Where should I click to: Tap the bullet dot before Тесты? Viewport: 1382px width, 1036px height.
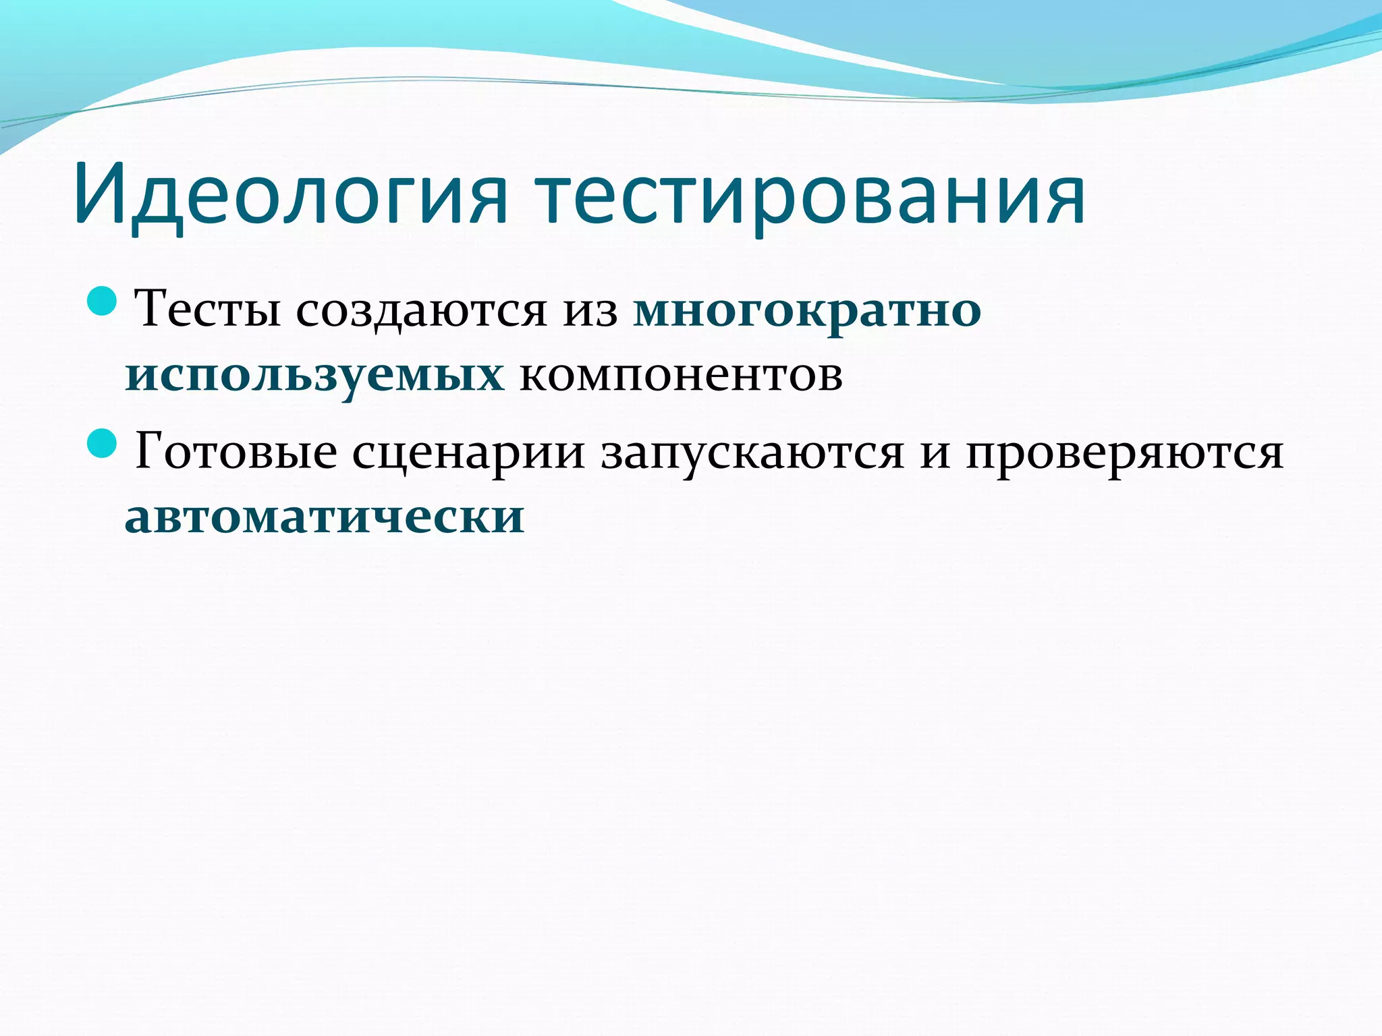[x=103, y=301]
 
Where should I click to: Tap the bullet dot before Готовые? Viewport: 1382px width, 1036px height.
[x=103, y=443]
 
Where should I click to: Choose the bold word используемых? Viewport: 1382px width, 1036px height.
[x=314, y=375]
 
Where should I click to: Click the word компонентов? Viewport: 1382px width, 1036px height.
[x=681, y=375]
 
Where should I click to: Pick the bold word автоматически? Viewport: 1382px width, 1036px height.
[x=325, y=517]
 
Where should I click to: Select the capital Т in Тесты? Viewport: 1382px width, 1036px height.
[x=152, y=308]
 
